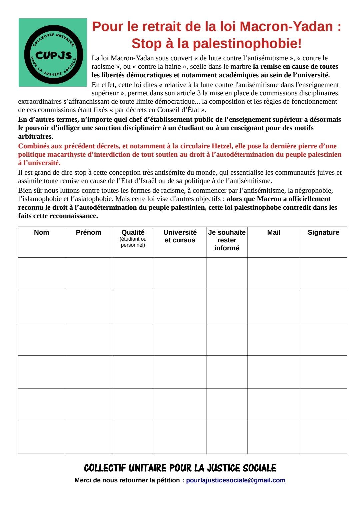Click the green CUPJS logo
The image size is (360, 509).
coord(53,53)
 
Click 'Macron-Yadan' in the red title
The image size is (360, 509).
coord(286,27)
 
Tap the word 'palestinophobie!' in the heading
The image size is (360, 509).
coord(247,43)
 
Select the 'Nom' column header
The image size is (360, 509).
coord(41,233)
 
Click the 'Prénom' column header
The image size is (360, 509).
coord(88,233)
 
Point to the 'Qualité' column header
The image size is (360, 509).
coord(133,233)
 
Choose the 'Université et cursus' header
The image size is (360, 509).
coord(180,236)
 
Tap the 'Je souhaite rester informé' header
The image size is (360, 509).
coord(227,240)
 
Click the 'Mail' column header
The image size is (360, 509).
coord(274,233)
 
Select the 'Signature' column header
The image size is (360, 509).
coord(323,233)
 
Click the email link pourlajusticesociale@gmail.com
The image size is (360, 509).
coord(236,480)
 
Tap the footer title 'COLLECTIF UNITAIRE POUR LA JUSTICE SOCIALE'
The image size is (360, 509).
coord(180,468)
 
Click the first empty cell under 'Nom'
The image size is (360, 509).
coord(41,274)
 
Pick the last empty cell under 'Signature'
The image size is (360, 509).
coord(323,437)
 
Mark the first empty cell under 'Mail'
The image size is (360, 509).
coord(274,274)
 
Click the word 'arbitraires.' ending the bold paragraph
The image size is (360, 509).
coord(35,136)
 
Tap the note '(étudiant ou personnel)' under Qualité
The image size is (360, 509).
coord(133,242)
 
